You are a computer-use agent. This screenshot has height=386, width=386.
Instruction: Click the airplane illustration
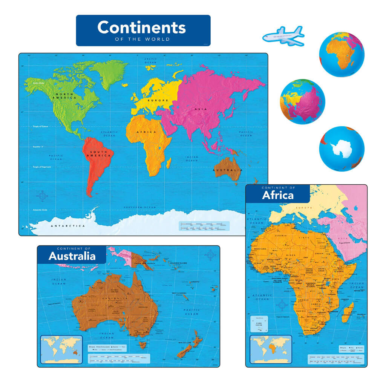(x=283, y=36)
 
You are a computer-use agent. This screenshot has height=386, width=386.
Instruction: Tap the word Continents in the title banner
(x=141, y=28)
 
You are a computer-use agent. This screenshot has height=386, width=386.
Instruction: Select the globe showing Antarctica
(x=342, y=149)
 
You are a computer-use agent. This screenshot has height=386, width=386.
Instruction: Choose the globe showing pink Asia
(x=302, y=101)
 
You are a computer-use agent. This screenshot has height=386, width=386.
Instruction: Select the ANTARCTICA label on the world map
(x=63, y=226)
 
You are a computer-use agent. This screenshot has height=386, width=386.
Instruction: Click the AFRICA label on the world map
(x=147, y=132)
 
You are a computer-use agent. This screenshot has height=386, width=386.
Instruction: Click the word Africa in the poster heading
(x=278, y=195)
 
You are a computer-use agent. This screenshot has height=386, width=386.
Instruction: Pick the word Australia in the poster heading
(x=72, y=256)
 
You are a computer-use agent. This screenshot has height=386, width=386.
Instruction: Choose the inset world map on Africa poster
(x=271, y=349)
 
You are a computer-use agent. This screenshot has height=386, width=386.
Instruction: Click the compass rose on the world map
(x=43, y=196)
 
